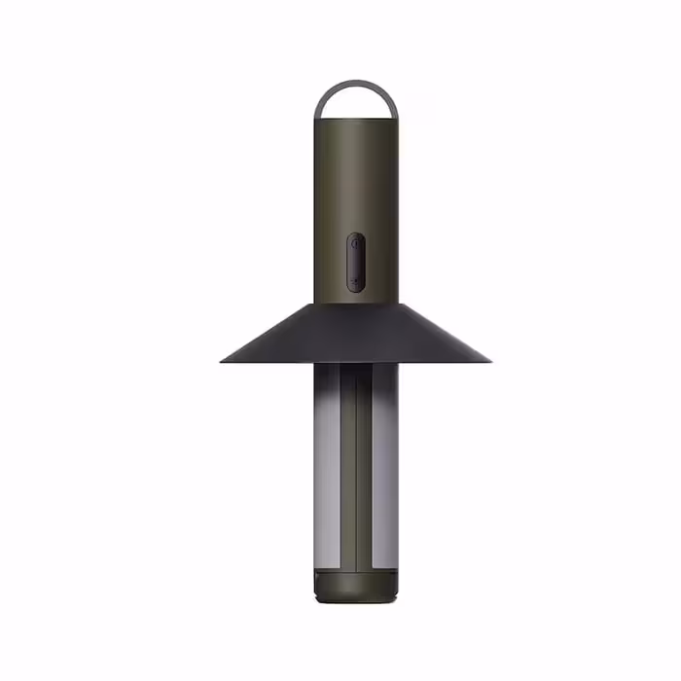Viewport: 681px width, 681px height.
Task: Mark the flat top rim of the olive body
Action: point(356,121)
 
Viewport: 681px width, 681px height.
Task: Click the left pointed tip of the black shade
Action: point(223,361)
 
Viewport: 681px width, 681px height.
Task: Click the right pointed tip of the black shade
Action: point(489,361)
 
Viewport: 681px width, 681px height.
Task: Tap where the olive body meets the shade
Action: point(356,302)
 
